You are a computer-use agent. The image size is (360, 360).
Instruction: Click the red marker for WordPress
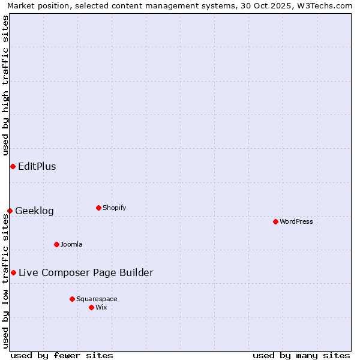pyautogui.click(x=275, y=221)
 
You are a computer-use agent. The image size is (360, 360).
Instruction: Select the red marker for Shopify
pyautogui.click(x=98, y=208)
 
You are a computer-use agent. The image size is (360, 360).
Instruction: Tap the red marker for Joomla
pyautogui.click(x=56, y=244)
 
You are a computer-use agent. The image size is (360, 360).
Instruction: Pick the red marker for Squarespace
pyautogui.click(x=72, y=299)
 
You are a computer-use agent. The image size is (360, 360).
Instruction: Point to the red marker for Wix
pyautogui.click(x=91, y=307)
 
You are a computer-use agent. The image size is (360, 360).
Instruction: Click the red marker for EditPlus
pyautogui.click(x=13, y=166)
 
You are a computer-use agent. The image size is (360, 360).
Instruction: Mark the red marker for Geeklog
pyautogui.click(x=10, y=211)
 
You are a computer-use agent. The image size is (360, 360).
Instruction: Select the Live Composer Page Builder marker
pyautogui.click(x=13, y=272)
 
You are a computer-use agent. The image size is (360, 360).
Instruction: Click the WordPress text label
pyautogui.click(x=296, y=221)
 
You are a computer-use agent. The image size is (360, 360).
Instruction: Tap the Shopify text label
pyautogui.click(x=114, y=208)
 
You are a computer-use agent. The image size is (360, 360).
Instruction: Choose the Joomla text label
pyautogui.click(x=71, y=244)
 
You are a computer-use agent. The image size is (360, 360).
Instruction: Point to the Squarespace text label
pyautogui.click(x=97, y=299)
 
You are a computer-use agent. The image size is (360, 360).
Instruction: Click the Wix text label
pyautogui.click(x=101, y=307)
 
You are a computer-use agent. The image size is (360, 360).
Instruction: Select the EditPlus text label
pyautogui.click(x=37, y=166)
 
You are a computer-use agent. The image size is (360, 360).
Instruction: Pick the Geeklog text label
pyautogui.click(x=34, y=211)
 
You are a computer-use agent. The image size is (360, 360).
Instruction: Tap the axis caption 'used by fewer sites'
pyautogui.click(x=62, y=355)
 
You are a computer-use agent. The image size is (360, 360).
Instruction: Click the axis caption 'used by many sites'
pyautogui.click(x=301, y=355)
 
